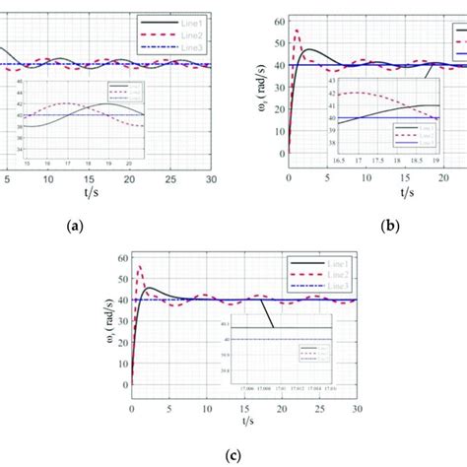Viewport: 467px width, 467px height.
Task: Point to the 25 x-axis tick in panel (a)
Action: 169,180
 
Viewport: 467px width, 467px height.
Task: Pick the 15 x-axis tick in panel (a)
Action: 90,180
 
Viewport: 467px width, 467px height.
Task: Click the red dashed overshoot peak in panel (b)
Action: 297,31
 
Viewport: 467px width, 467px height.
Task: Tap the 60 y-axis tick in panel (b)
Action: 280,21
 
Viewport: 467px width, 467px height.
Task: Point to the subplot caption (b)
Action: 391,226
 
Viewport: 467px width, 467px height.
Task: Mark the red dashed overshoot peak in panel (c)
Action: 139,267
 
